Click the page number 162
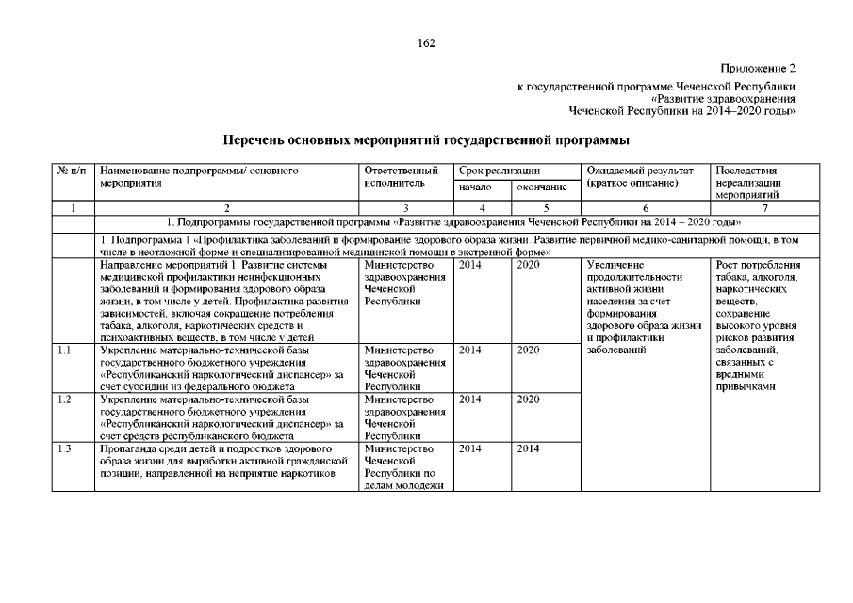click(426, 42)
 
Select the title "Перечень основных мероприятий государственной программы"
click(426, 140)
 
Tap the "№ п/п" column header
click(72, 171)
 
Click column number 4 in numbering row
click(482, 207)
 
